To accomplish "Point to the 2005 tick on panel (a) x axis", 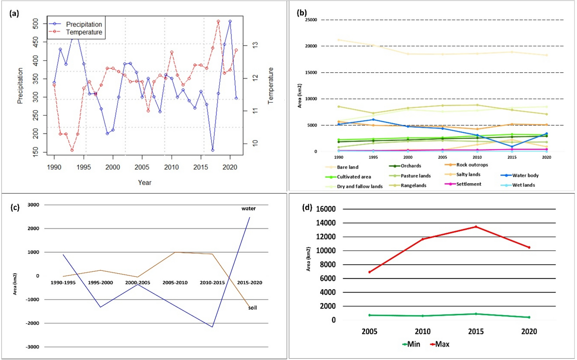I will click(x=142, y=167).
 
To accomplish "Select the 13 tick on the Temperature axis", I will click(x=255, y=45).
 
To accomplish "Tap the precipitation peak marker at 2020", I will click(x=230, y=21).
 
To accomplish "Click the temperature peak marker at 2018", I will click(x=218, y=21).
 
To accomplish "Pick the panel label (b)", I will click(x=302, y=13).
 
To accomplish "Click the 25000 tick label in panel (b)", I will click(x=311, y=20).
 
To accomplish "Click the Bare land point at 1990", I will click(x=338, y=40).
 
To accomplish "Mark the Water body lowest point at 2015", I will click(x=512, y=147).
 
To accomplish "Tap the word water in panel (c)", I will click(x=248, y=208).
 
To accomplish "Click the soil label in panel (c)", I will click(x=252, y=308).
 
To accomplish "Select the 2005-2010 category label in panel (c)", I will click(x=175, y=282).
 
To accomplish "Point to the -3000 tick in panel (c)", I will click(x=33, y=347).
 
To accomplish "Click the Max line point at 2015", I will click(x=476, y=227).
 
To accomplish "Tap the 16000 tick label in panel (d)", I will click(x=326, y=209).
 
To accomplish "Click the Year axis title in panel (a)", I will click(x=144, y=183).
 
